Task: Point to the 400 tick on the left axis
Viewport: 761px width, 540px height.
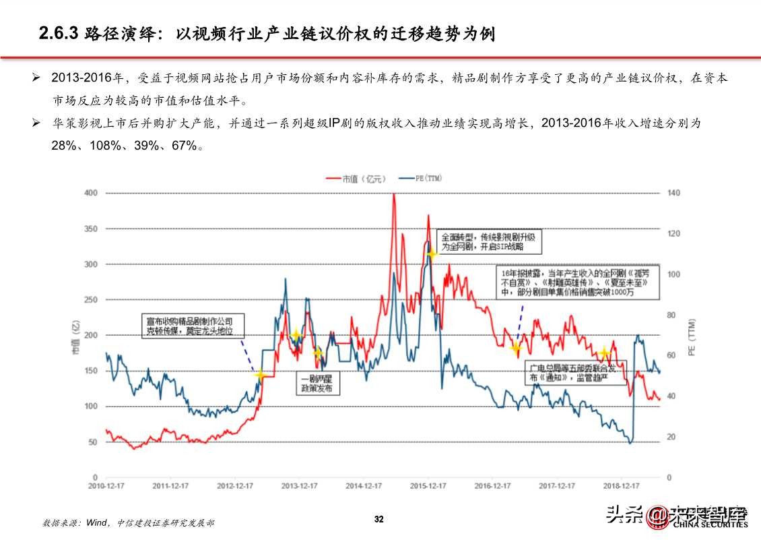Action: [x=91, y=193]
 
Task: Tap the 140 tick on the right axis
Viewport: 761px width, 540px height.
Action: [x=673, y=193]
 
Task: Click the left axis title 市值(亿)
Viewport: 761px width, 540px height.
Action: [x=75, y=336]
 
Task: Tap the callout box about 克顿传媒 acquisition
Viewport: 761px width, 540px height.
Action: [x=192, y=326]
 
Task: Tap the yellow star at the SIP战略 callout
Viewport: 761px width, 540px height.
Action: [x=432, y=254]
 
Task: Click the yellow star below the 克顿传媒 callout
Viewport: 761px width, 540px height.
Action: [x=260, y=375]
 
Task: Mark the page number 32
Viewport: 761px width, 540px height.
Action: [x=379, y=519]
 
